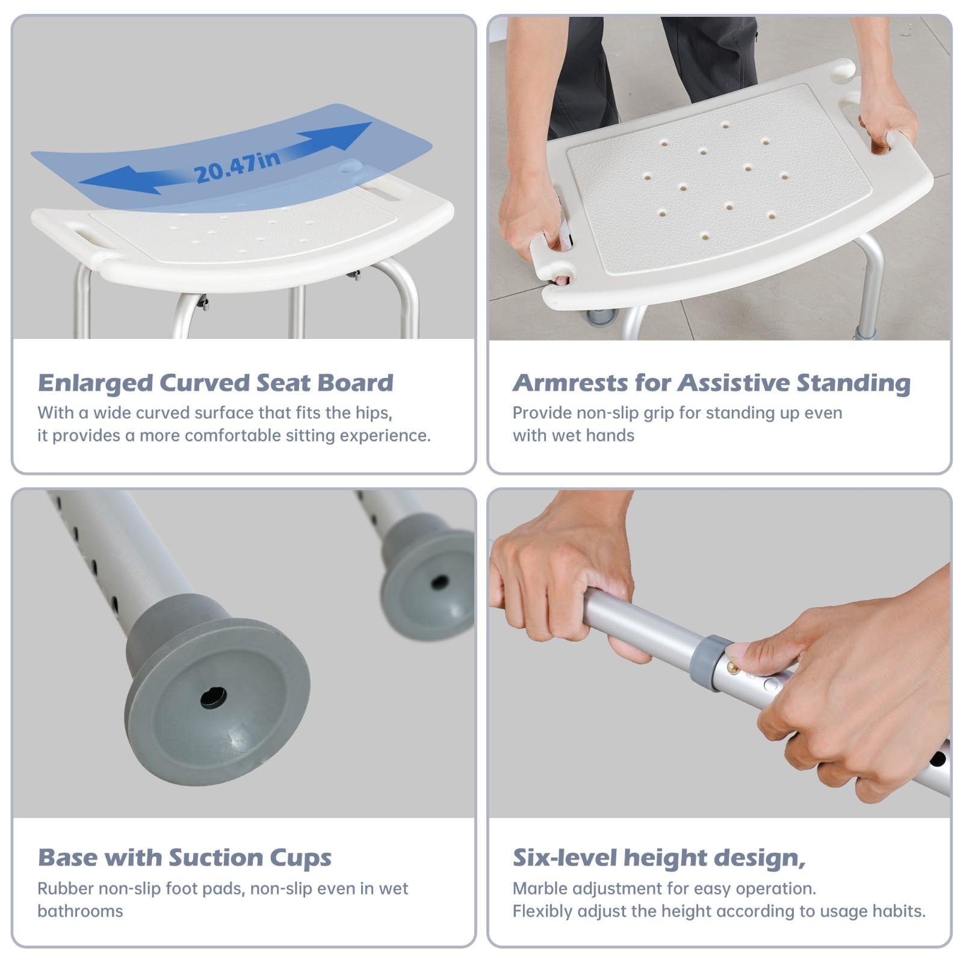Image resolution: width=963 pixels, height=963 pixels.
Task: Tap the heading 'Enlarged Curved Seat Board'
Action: point(215,383)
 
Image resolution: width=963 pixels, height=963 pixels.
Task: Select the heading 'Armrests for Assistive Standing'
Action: point(711,383)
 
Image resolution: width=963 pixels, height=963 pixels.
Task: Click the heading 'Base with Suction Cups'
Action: point(184,858)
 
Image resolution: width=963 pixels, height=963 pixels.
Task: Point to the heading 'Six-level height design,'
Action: point(658,858)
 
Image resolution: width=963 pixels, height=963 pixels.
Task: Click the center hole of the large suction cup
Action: point(214,698)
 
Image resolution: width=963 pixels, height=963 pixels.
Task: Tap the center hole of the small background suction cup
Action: point(440,582)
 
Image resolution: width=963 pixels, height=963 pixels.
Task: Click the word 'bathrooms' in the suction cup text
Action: point(80,911)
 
